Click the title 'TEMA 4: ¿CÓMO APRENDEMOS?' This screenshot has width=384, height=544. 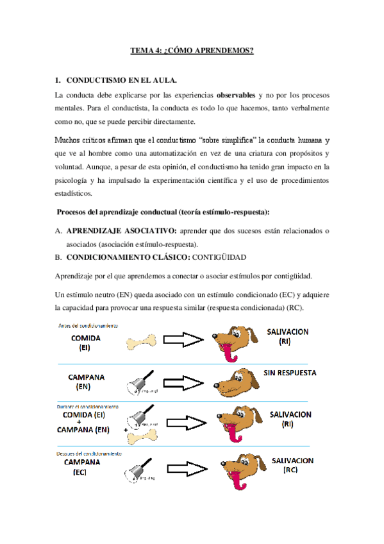[x=192, y=50]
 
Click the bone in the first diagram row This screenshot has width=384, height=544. [x=143, y=343]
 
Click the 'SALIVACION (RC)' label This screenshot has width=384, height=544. [x=292, y=465]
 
